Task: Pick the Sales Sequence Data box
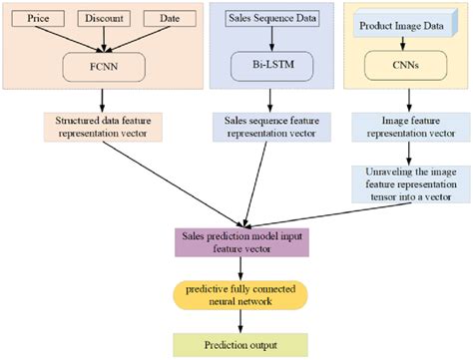click(x=261, y=19)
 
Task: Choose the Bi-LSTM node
click(x=264, y=64)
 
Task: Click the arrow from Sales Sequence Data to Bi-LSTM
click(x=263, y=38)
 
